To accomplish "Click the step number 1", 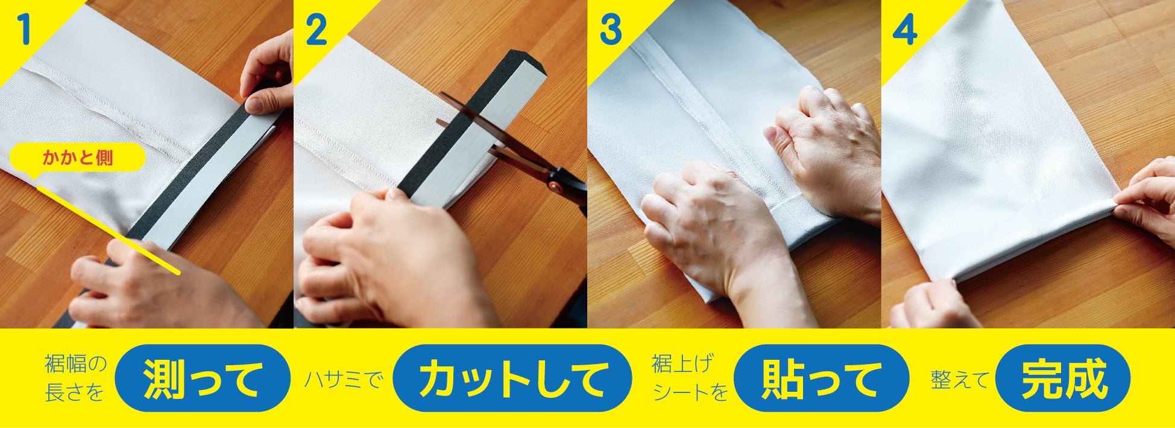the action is click(x=24, y=30).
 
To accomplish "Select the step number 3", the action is click(x=611, y=30).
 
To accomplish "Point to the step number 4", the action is click(x=905, y=30).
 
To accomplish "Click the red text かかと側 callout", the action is click(x=78, y=158).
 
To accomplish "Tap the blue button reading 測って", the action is click(x=203, y=378).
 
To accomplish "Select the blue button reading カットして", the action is click(x=512, y=378).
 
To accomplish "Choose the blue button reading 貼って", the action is click(x=821, y=378).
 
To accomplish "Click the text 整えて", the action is click(x=960, y=379).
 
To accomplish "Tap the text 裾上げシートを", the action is click(x=690, y=378).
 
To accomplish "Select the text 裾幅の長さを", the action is click(x=75, y=378).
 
